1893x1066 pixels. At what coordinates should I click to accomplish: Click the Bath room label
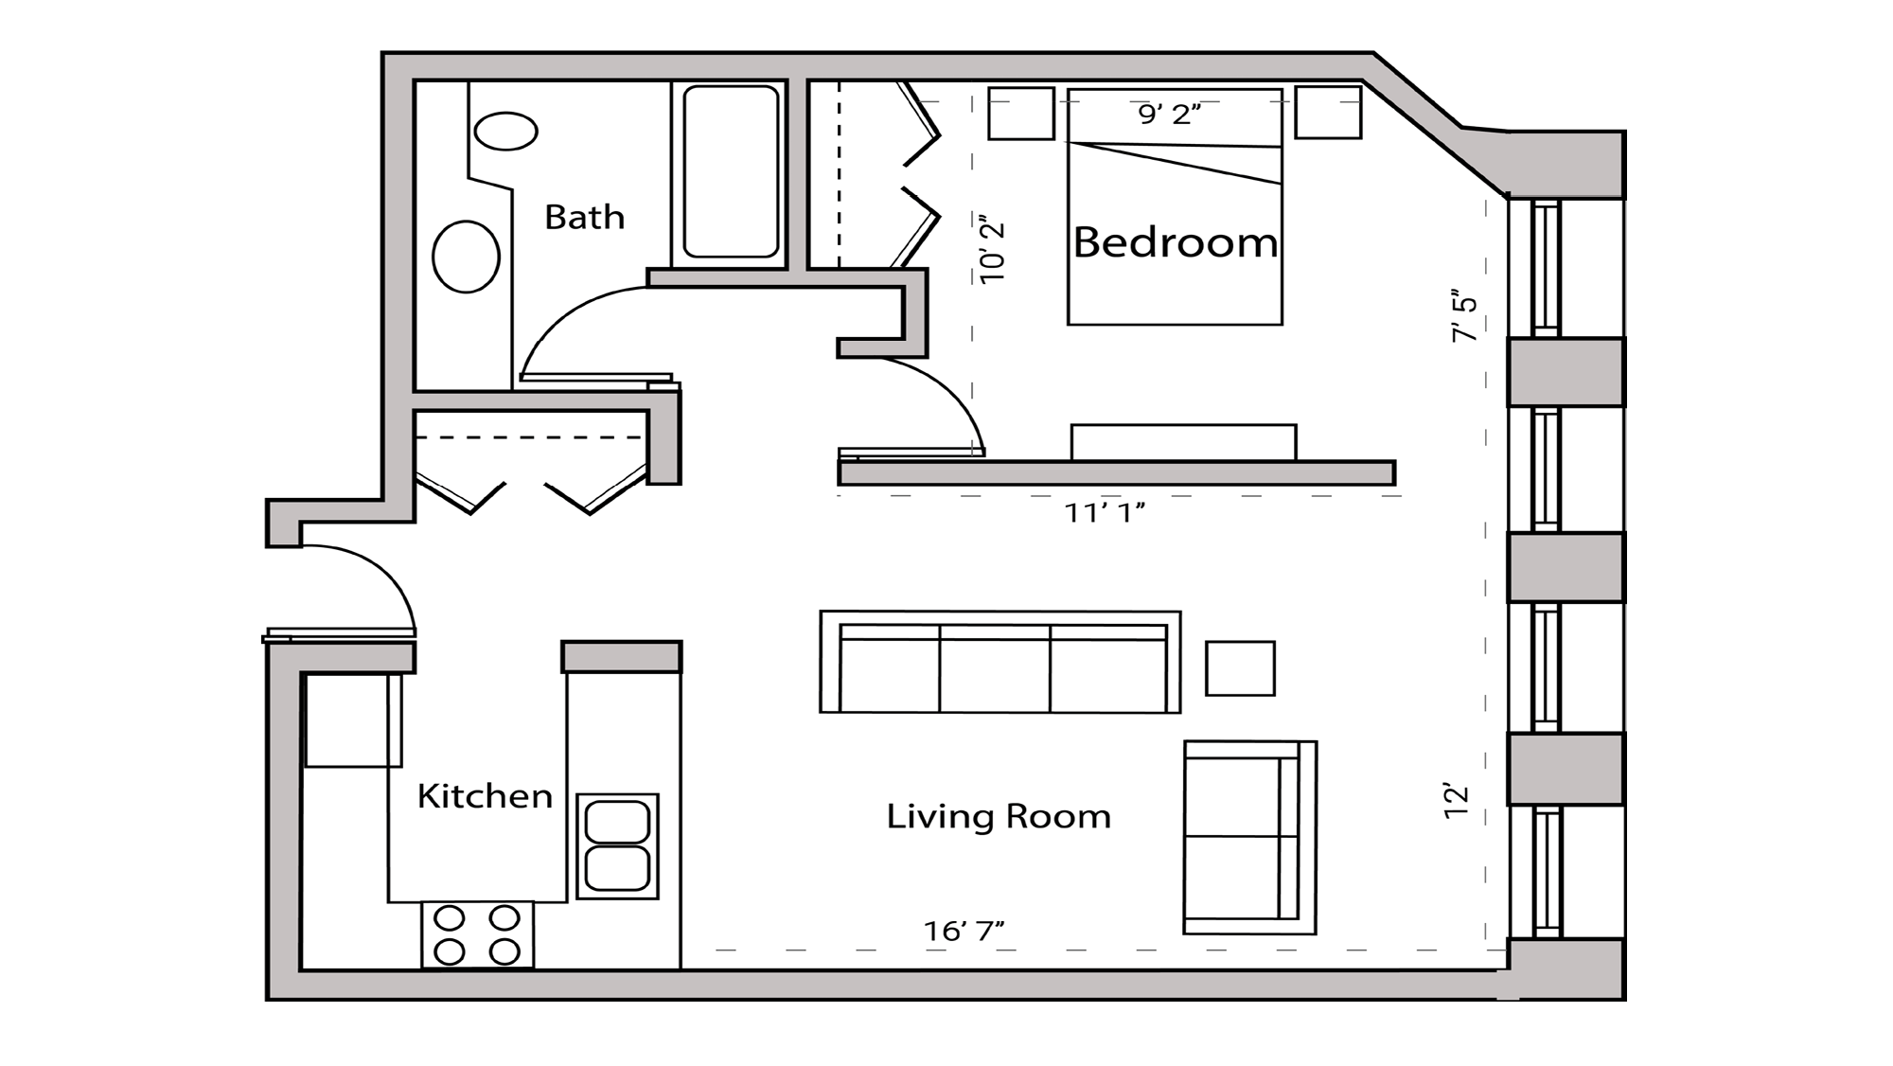coord(584,218)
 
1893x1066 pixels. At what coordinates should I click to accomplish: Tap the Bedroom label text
coord(1175,243)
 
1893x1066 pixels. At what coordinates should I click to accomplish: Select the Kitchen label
coord(485,796)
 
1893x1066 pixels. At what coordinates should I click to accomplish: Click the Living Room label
coord(999,816)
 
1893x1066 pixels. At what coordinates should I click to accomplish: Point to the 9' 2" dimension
coord(1169,115)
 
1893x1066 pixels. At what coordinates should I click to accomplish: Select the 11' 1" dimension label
coord(1105,513)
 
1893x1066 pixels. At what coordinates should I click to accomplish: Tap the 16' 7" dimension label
coord(964,932)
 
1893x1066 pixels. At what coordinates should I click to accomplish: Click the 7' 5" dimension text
coord(1464,315)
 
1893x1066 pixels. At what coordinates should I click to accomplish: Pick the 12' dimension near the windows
coord(1456,801)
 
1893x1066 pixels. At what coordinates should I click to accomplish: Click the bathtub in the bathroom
coord(730,172)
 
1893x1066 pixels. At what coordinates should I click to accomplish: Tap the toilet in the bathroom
coord(466,257)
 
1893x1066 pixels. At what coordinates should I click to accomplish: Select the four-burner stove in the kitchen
coord(477,934)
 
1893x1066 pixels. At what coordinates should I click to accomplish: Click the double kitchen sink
coord(617,845)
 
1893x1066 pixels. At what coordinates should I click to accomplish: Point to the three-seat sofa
coord(1000,663)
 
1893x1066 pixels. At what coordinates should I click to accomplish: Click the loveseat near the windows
coord(1248,837)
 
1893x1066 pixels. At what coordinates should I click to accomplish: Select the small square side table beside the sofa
coord(1240,668)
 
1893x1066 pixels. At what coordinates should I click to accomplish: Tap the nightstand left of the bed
coord(1020,114)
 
